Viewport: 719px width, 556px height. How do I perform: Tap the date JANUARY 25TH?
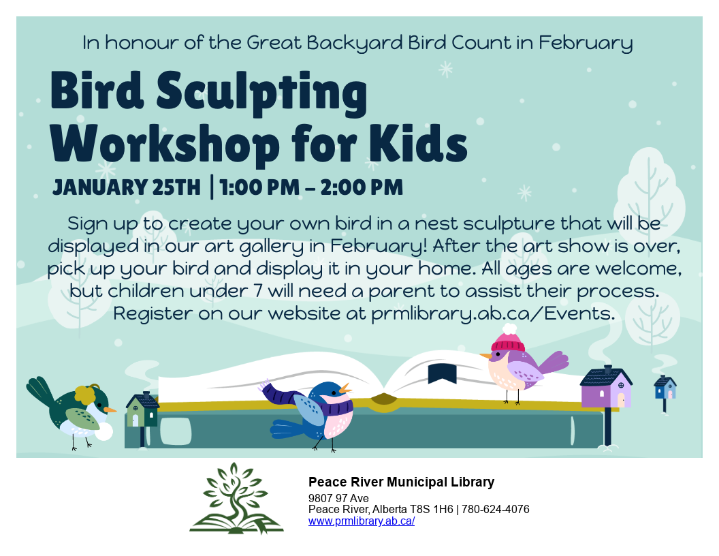coord(127,186)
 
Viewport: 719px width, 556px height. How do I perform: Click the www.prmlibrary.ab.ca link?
coord(362,521)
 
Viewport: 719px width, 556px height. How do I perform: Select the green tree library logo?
coord(236,499)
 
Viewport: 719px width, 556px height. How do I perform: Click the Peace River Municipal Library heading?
coord(401,482)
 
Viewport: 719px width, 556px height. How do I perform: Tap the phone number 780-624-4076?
coord(496,510)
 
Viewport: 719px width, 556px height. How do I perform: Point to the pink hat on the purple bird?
coord(508,339)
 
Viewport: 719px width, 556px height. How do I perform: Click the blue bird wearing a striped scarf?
coord(317,412)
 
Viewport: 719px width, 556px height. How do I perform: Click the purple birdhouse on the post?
coord(605,388)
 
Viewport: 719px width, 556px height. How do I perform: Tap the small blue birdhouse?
coord(665,388)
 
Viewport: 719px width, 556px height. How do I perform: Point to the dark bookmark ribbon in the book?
coord(441,373)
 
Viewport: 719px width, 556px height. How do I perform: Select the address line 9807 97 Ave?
coord(338,498)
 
